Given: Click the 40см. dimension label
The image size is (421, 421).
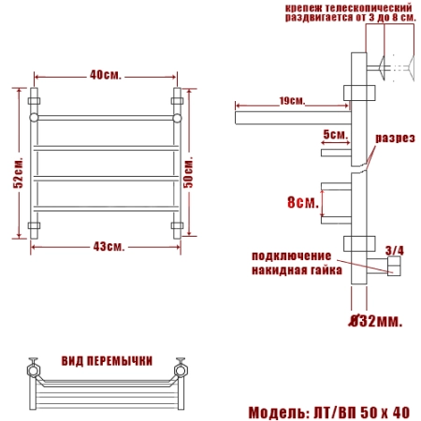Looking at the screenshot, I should [x=105, y=75].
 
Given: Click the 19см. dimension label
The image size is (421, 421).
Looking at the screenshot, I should [x=292, y=100].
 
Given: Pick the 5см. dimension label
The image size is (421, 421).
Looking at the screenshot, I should [x=335, y=135].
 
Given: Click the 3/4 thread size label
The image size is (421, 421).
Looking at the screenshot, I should [x=394, y=250].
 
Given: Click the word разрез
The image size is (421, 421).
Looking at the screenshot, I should [x=395, y=138].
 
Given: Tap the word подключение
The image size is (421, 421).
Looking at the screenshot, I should [x=291, y=255].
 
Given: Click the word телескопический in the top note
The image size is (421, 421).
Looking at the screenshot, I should [x=367, y=7].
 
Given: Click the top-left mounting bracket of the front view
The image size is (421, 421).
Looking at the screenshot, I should [x=37, y=96].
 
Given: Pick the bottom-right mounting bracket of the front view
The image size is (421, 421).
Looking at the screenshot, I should [x=177, y=226].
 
